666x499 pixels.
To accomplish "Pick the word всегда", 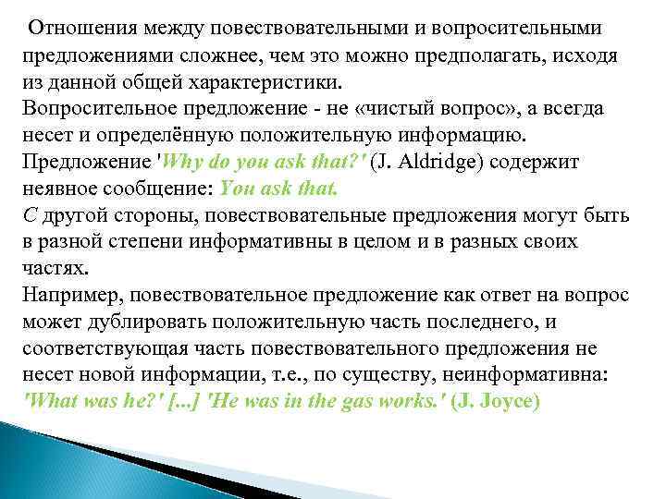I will (576, 108).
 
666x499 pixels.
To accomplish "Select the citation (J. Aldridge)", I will (426, 162).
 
